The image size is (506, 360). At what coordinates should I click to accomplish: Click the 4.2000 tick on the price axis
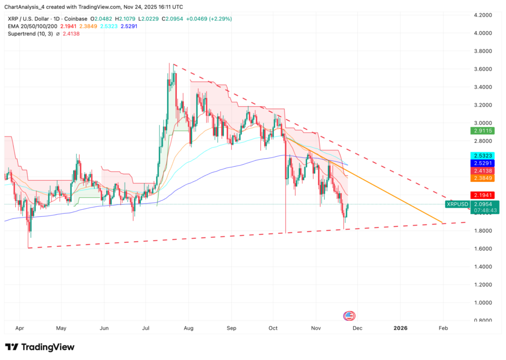pyautogui.click(x=485, y=15)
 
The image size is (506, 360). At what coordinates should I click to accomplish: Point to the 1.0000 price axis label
pyautogui.click(x=485, y=303)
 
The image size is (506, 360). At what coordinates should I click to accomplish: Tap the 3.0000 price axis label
pyautogui.click(x=485, y=123)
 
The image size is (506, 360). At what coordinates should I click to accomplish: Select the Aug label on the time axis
pyautogui.click(x=188, y=328)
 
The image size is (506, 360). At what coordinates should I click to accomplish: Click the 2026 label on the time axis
pyautogui.click(x=401, y=328)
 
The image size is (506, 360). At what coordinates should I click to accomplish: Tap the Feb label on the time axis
pyautogui.click(x=443, y=328)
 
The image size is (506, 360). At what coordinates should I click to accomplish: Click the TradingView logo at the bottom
pyautogui.click(x=40, y=347)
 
